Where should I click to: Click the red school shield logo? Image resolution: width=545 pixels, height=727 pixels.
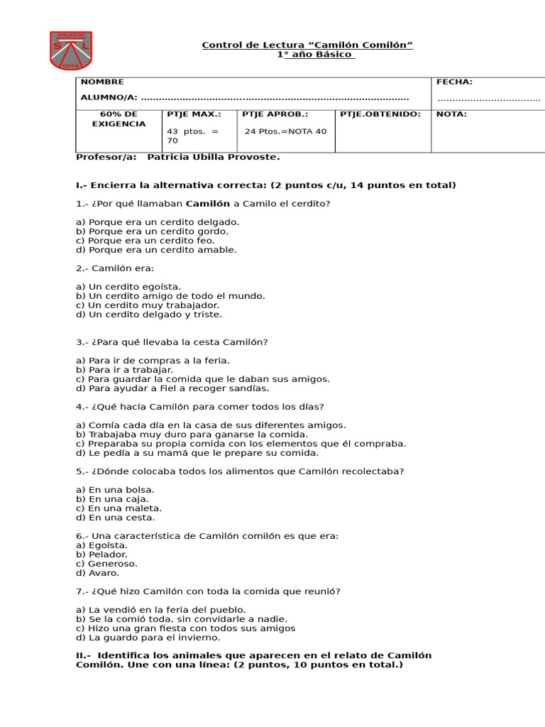point(70,50)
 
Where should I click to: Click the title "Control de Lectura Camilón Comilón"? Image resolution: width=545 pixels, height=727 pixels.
point(307,45)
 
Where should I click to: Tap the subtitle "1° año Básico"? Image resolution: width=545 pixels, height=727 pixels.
point(315,55)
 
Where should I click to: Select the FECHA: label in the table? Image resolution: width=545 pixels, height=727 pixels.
point(454,82)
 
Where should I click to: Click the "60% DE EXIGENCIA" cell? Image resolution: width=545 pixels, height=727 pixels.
point(119,119)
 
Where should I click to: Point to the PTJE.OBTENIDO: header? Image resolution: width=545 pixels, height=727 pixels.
point(380,114)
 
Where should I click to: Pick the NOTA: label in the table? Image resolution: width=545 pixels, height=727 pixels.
point(451,114)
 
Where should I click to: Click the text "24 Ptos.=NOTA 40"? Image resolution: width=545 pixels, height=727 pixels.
point(285,131)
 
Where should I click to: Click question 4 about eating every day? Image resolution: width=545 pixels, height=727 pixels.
point(199,407)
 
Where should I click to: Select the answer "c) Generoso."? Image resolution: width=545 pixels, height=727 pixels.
point(106,564)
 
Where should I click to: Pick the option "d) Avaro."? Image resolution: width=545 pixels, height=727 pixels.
point(98,573)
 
